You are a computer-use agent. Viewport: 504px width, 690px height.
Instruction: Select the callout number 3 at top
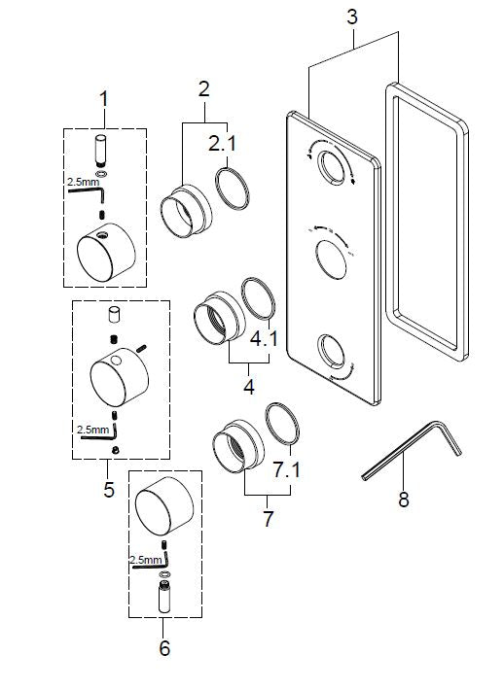[352, 17]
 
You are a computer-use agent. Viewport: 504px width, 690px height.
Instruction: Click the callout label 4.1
[264, 341]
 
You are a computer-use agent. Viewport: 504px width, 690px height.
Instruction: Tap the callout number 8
[403, 500]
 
